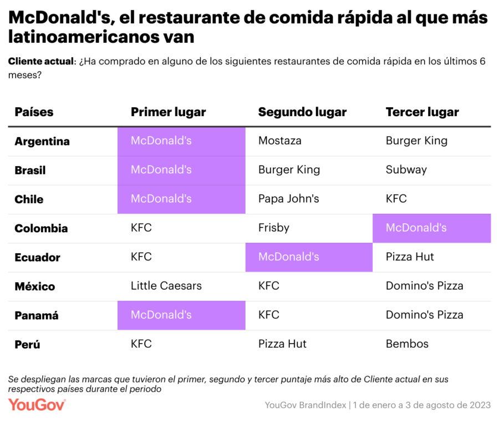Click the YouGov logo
point(37,404)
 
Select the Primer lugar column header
point(168,112)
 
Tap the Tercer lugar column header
point(422,112)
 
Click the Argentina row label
point(42,141)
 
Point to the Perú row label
point(27,344)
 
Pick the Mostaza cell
point(280,141)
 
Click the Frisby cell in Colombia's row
point(274,228)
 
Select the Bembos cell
point(407,344)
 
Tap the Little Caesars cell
point(166,286)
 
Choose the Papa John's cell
point(288,199)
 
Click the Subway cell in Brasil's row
point(406,170)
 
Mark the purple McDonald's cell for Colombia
point(431,228)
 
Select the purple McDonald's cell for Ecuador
point(308,257)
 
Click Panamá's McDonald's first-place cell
point(181,315)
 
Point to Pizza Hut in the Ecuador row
point(410,257)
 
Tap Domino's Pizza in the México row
point(424,286)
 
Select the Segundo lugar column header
point(302,112)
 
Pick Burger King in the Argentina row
point(416,141)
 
